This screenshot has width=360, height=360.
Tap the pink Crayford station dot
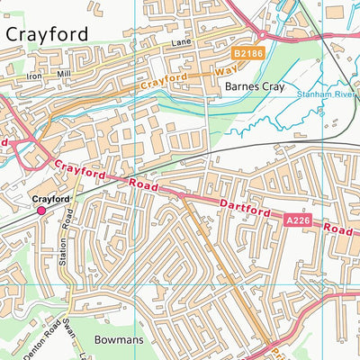[x=41, y=210]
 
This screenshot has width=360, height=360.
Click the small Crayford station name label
[x=50, y=198]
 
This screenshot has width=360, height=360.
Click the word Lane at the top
[x=183, y=41]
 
